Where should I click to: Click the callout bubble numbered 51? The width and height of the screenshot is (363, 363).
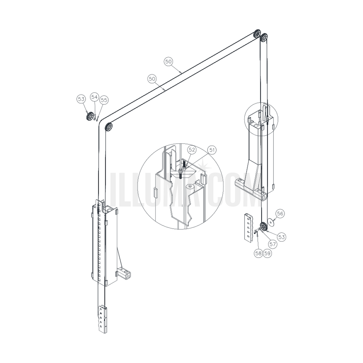[212, 150]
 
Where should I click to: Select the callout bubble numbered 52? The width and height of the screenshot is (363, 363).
[192, 150]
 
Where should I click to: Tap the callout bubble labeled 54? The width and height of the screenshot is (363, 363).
[94, 97]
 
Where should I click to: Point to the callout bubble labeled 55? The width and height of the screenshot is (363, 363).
[104, 100]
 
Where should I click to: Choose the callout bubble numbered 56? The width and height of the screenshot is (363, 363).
[280, 214]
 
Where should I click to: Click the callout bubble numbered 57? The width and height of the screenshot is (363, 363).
[273, 244]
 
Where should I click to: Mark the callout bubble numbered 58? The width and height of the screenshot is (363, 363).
[258, 253]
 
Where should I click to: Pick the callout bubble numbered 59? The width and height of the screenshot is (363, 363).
[267, 253]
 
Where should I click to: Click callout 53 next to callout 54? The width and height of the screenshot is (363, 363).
[81, 99]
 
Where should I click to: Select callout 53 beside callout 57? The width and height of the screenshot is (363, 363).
[281, 237]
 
